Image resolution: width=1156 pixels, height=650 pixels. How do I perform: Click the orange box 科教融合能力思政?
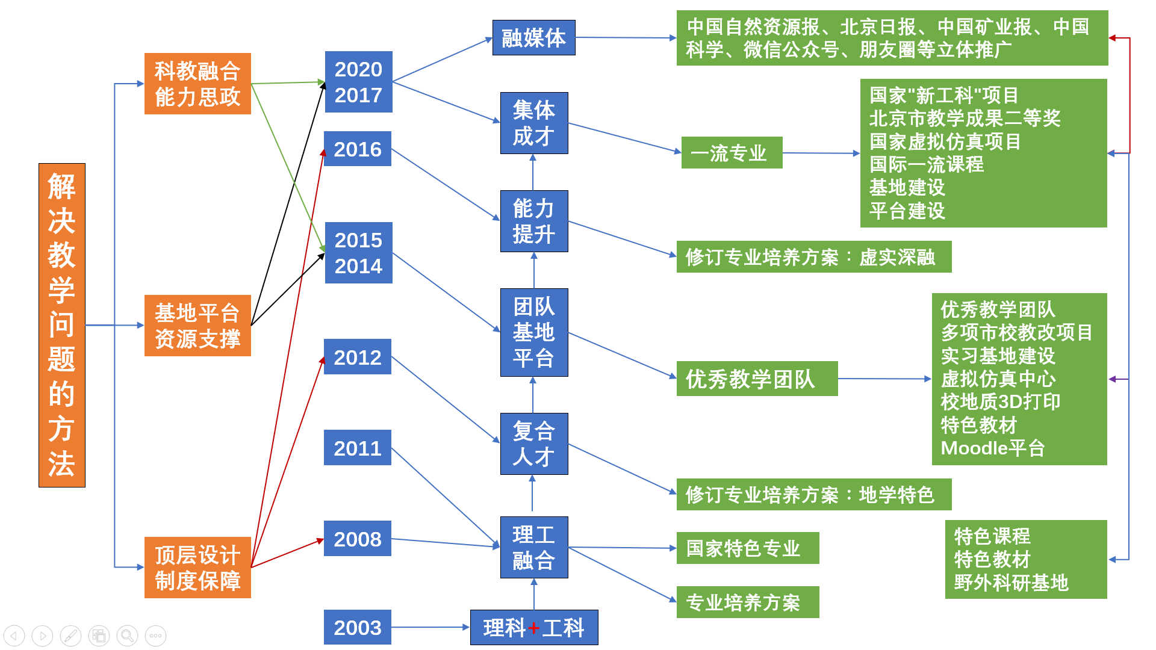(x=197, y=84)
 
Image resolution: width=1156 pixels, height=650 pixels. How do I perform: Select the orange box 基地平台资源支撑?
(x=197, y=326)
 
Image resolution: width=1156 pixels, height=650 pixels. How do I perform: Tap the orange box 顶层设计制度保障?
(x=197, y=568)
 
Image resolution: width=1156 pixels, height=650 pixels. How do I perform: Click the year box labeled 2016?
(x=358, y=149)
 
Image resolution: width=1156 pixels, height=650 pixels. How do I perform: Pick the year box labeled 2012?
(x=358, y=357)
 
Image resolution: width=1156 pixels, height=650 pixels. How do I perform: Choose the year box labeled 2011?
(x=358, y=448)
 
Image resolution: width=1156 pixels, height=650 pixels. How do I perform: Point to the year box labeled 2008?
(x=358, y=539)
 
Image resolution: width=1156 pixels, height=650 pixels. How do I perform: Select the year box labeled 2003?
(x=358, y=627)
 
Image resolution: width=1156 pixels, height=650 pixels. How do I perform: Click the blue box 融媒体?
(x=533, y=38)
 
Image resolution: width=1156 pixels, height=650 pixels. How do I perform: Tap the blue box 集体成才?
(x=534, y=123)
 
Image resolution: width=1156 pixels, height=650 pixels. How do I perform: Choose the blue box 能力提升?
(x=534, y=221)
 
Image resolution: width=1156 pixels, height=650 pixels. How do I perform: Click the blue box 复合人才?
(x=534, y=444)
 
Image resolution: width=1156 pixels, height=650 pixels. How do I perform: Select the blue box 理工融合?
(x=534, y=547)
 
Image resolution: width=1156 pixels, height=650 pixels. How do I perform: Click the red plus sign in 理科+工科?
(x=533, y=628)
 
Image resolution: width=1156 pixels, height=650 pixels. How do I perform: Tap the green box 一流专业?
(x=732, y=153)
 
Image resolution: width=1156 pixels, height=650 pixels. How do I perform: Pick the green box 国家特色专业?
(x=747, y=548)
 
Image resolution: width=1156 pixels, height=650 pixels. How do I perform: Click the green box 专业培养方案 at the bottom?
(x=747, y=602)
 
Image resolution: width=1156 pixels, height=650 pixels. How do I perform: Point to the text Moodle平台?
(x=992, y=448)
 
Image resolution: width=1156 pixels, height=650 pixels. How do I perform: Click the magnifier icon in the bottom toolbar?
(x=127, y=636)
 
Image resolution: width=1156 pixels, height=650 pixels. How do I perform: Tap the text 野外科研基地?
(x=1011, y=583)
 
